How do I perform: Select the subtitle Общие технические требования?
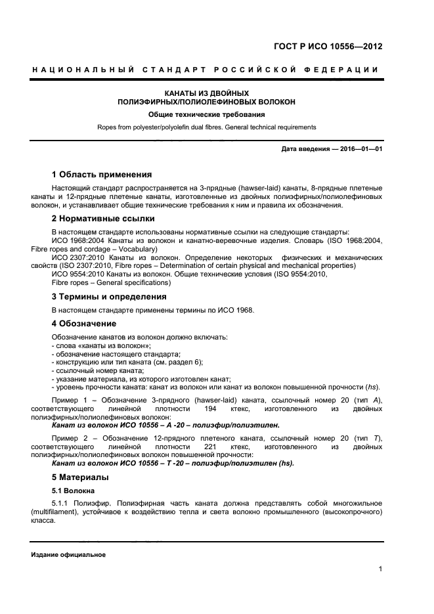click(206, 114)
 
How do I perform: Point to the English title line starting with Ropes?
click(206, 127)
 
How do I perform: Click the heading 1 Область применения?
click(102, 175)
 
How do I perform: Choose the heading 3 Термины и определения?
click(108, 296)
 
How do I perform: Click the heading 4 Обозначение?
click(84, 323)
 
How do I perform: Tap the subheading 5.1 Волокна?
click(74, 490)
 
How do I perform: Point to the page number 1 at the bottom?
click(380, 570)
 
